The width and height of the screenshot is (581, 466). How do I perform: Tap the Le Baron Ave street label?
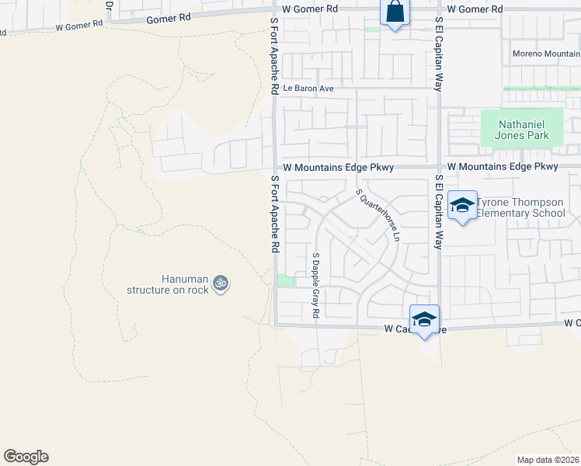click(308, 89)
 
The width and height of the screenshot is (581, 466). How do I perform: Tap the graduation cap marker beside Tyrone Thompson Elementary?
click(462, 206)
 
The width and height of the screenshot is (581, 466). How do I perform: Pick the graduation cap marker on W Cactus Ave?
click(424, 319)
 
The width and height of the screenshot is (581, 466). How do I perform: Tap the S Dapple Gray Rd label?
click(316, 285)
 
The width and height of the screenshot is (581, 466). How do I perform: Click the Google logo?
click(26, 457)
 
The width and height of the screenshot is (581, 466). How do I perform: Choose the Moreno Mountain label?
click(546, 54)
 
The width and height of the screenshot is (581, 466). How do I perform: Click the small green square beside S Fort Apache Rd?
click(286, 281)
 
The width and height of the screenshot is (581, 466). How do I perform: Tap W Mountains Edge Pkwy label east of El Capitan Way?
click(503, 167)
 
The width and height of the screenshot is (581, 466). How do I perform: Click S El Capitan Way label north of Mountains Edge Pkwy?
click(439, 54)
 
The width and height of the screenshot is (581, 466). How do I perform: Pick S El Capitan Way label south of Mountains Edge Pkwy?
click(439, 211)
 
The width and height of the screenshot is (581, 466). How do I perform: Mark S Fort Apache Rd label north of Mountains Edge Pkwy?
click(274, 58)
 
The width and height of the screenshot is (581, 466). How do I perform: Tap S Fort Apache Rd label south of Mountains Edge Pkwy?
click(274, 214)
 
